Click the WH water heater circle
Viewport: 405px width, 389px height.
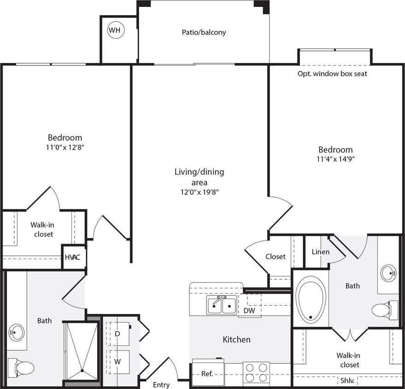(115, 31)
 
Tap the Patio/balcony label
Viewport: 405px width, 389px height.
(203, 32)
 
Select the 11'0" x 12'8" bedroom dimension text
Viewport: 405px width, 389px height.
(65, 147)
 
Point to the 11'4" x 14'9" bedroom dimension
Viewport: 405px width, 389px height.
(335, 159)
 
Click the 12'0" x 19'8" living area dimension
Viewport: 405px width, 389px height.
(199, 192)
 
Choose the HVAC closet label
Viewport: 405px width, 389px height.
(73, 257)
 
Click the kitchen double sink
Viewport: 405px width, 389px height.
(222, 306)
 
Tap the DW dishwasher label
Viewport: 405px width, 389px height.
(249, 311)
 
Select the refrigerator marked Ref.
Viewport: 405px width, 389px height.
(207, 373)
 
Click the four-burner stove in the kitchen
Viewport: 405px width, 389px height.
(257, 373)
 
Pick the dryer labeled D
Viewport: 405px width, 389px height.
(117, 333)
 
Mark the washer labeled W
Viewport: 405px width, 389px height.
(117, 362)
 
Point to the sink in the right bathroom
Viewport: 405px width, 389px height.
(388, 273)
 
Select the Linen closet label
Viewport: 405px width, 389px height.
(320, 252)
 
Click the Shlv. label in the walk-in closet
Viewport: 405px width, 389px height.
(348, 381)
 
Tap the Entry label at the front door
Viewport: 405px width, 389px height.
(161, 385)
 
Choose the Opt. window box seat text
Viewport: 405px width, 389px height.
(332, 74)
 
